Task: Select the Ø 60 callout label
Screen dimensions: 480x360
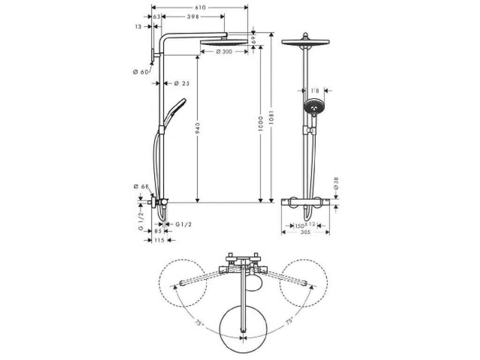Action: (141, 72)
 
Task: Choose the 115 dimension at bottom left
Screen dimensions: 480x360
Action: (159, 240)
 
